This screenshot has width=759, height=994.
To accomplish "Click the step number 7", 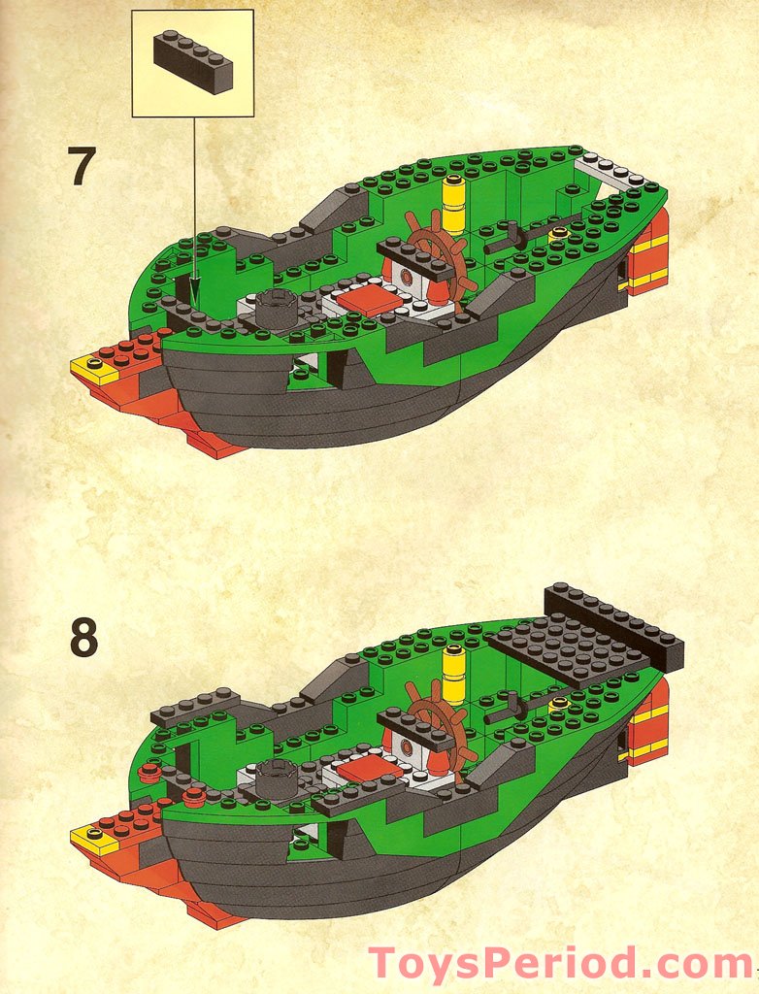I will pos(82,166).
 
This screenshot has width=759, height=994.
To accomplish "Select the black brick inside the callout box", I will pos(193,62).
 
